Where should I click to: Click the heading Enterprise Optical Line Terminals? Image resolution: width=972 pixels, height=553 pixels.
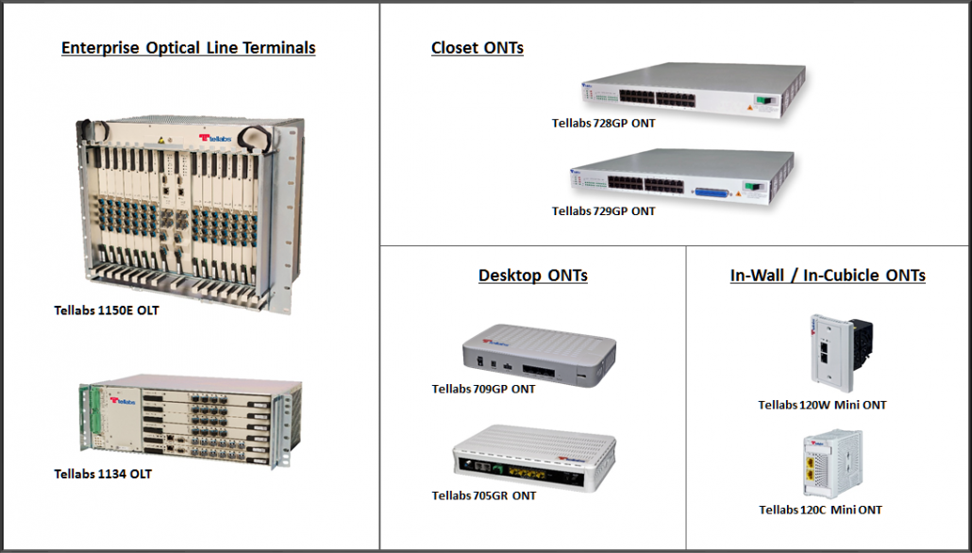click(x=188, y=47)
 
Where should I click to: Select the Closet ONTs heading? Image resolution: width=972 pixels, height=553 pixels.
click(x=477, y=47)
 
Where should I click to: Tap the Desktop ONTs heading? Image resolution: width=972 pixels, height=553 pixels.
click(x=532, y=276)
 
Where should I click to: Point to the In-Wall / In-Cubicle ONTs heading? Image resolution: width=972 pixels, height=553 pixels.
click(x=827, y=276)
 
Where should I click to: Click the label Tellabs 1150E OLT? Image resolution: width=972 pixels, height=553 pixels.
click(x=107, y=310)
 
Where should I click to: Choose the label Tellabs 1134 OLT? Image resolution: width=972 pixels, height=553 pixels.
click(x=103, y=474)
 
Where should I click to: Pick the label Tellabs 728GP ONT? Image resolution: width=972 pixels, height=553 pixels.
click(x=603, y=123)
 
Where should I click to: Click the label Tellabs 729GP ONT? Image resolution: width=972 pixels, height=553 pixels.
click(x=603, y=211)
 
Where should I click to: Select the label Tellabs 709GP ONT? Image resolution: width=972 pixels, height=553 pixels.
click(x=483, y=389)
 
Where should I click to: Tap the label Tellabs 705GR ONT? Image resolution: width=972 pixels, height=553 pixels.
click(x=484, y=495)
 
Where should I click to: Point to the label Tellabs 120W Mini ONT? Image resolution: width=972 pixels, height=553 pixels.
click(x=822, y=405)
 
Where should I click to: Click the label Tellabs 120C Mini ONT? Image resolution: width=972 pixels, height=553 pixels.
click(x=820, y=510)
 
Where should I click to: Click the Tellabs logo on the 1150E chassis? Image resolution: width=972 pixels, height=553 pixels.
click(x=216, y=138)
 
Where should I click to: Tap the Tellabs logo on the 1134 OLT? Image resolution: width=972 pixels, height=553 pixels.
click(x=124, y=400)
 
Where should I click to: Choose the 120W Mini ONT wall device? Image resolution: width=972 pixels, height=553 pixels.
click(x=838, y=351)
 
